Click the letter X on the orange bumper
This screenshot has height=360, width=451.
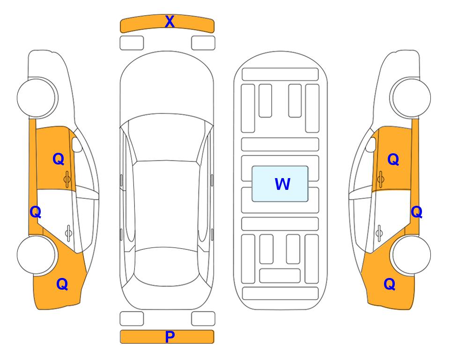point(170,22)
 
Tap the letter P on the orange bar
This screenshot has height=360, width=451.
point(170,337)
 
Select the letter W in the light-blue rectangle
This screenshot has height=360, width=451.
point(282,184)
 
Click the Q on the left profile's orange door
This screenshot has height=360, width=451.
point(59,159)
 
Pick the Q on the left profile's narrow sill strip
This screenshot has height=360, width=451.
point(36,212)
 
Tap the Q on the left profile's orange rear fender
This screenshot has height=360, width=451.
point(62,284)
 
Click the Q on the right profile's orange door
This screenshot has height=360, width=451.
point(393,159)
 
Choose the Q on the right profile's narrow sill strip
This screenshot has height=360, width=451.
point(416,212)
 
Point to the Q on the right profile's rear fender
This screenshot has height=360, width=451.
point(390,284)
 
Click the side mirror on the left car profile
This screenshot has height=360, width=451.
point(76,144)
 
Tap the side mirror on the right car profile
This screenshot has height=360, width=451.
point(371,144)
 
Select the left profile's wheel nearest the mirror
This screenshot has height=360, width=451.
point(37,98)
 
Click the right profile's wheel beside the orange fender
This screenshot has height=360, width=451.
point(411,255)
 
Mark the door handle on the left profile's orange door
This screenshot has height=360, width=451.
point(67,179)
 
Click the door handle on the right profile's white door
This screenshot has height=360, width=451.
point(379,233)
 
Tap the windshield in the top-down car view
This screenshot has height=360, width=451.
point(167,138)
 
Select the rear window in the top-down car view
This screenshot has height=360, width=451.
point(167,266)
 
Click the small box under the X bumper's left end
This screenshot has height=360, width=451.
point(132,43)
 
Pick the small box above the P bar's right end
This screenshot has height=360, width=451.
point(203,319)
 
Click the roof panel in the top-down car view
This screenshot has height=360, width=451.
point(166,204)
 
